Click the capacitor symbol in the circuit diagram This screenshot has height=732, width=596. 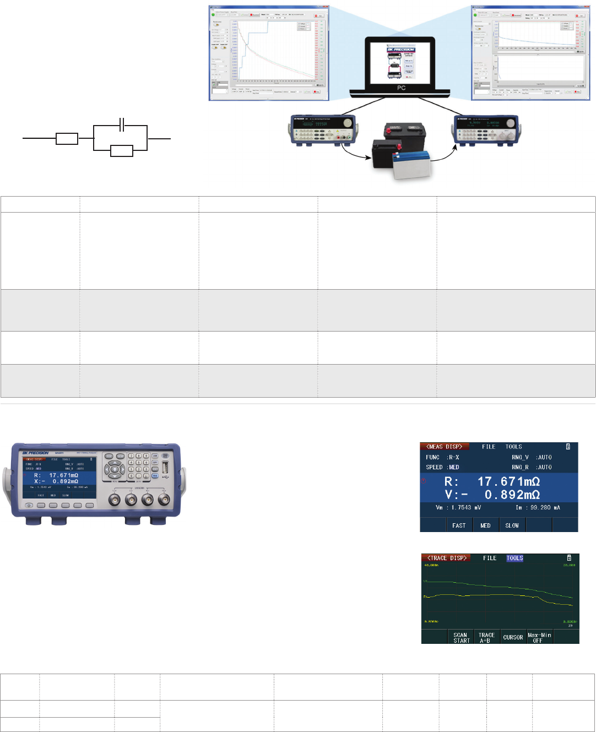pos(122,126)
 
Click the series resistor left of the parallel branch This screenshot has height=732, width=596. pos(67,139)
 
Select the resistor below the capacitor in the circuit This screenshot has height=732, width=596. pos(122,150)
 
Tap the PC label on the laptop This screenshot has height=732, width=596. pos(401,88)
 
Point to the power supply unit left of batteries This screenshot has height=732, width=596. pos(322,131)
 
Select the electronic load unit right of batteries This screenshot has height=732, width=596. pos(485,131)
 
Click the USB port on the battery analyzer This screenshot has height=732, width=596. pos(166,473)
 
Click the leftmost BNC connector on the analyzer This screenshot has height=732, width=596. pos(115,500)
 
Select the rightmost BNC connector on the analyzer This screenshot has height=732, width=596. pos(164,500)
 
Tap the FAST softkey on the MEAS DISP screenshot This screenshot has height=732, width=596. pos(459,525)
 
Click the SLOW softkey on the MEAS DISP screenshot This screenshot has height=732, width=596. pos(512,525)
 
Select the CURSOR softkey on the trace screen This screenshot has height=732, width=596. pos(513,637)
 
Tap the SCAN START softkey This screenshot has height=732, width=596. pos(461,637)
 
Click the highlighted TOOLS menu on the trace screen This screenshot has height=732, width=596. pos(514,558)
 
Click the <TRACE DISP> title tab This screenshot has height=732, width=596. pos(447,558)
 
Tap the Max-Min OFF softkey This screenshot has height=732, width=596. pos(539,637)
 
